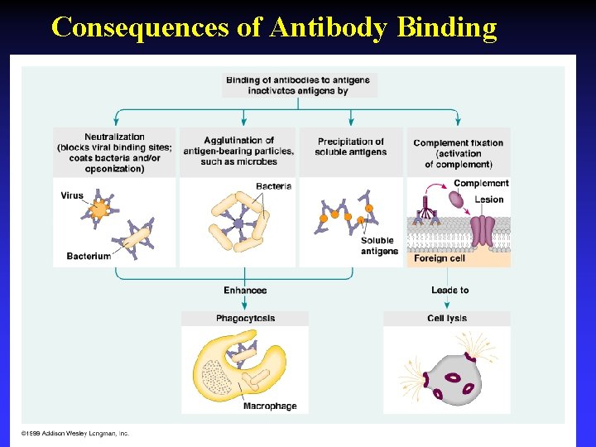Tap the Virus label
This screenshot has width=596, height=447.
point(72,196)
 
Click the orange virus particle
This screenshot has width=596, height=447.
point(100,210)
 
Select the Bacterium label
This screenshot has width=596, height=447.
point(89,257)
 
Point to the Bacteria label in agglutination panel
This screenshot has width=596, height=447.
point(273,186)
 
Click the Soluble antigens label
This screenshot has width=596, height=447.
point(378,246)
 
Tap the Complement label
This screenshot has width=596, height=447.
point(481,183)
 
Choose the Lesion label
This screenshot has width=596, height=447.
point(488,199)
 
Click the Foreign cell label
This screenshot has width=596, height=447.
point(440,258)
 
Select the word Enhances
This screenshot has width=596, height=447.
point(245,291)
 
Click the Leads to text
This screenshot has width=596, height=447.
point(449,291)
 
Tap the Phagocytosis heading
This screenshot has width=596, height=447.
point(245,319)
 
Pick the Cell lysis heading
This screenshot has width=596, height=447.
point(447,319)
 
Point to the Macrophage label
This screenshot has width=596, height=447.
point(270,406)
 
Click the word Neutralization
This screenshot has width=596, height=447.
point(114,137)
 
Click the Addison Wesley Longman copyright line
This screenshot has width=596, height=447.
point(75,434)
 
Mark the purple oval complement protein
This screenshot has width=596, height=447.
point(458,199)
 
